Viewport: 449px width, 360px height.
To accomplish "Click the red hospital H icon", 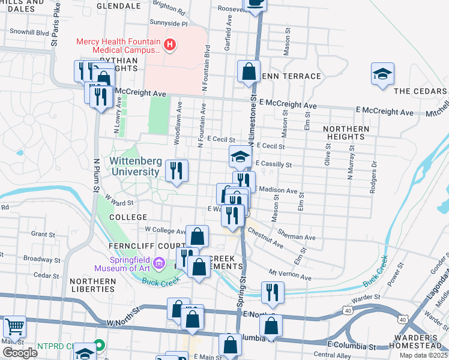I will [170, 44].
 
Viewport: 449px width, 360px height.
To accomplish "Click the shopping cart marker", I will [14, 326].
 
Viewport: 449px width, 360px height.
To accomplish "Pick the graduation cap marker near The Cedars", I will [382, 74].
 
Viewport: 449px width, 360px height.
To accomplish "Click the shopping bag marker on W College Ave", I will [197, 236].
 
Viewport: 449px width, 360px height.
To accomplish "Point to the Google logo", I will [20, 353].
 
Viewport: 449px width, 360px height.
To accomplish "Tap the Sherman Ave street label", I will [297, 237].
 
